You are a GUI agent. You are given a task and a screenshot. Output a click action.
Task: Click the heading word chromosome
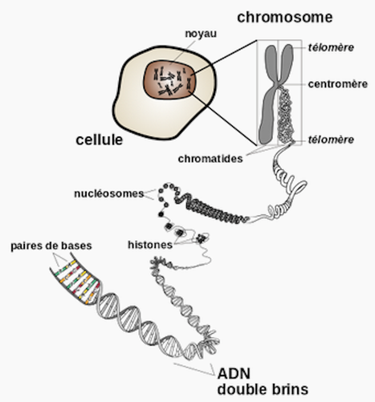coord(285,18)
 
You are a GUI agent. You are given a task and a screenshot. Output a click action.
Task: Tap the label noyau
coord(201,34)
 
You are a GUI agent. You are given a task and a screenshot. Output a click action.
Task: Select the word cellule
coord(100,140)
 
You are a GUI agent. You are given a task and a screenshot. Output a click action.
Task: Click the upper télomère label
coord(331,47)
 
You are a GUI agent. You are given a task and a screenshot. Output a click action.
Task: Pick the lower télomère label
coord(331,140)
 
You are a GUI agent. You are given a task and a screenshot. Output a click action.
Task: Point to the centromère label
coord(338,84)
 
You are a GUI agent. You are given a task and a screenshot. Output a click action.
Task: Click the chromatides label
coord(210,159)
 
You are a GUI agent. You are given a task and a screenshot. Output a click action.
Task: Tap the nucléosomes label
coord(109,193)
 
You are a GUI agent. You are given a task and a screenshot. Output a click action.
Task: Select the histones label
coord(150,245)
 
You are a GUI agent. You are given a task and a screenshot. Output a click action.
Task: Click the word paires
coord(26,246)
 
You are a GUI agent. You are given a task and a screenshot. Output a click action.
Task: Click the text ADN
coord(234,374)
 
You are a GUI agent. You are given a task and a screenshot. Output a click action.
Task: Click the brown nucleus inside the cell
coord(170,79)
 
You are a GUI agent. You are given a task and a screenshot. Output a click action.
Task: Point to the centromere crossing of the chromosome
coord(278,84)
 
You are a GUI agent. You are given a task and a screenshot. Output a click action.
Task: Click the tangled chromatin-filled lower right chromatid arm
coord(286,115)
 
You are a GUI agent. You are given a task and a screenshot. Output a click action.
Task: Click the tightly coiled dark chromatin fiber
coord(211,209)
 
